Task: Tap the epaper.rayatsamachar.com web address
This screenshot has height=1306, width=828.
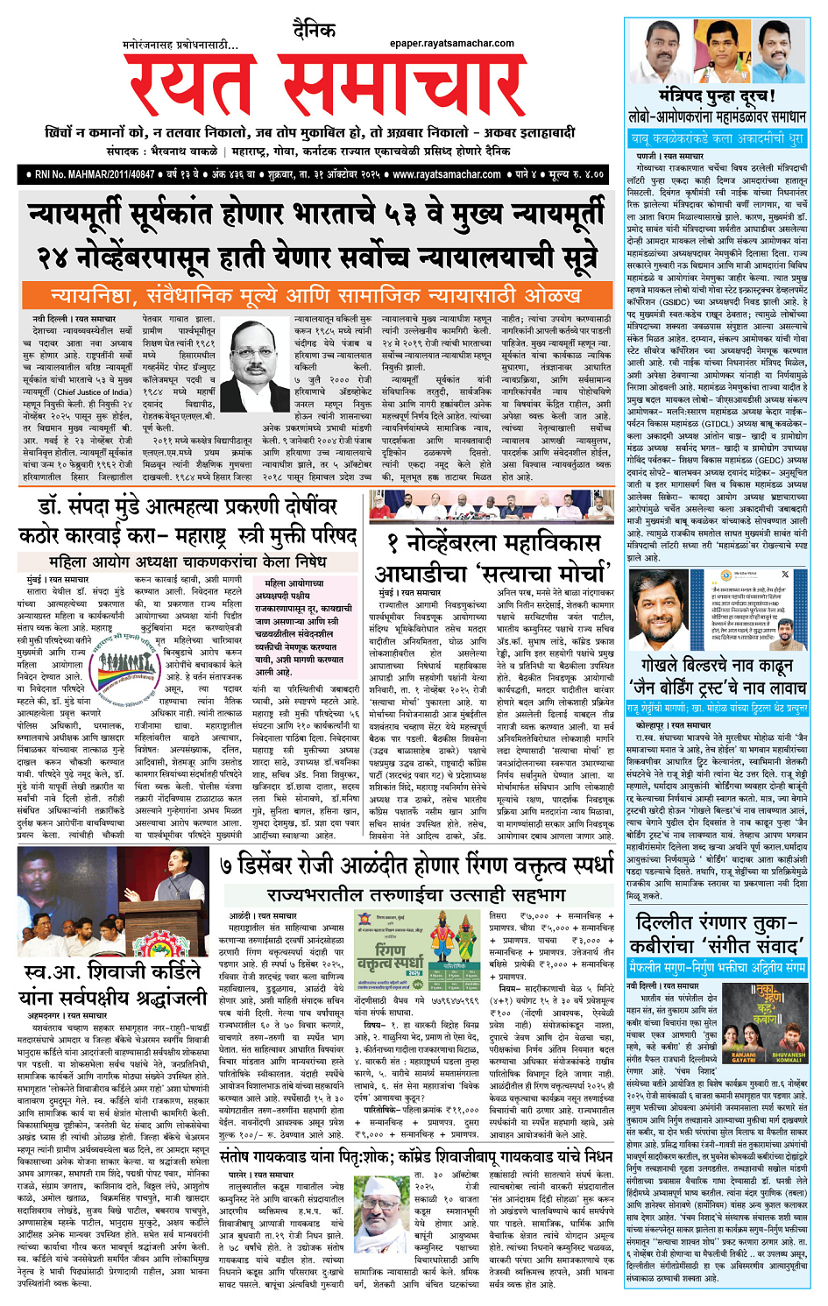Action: tap(451, 43)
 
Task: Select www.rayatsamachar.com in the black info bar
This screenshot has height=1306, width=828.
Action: tap(447, 174)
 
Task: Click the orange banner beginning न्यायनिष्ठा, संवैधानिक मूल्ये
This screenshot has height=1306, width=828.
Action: tap(315, 295)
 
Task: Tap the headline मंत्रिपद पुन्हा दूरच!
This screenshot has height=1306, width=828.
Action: tap(717, 95)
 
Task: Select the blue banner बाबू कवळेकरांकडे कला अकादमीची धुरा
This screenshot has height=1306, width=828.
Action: tap(717, 138)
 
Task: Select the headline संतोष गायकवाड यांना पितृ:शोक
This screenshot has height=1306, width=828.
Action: tap(416, 1156)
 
